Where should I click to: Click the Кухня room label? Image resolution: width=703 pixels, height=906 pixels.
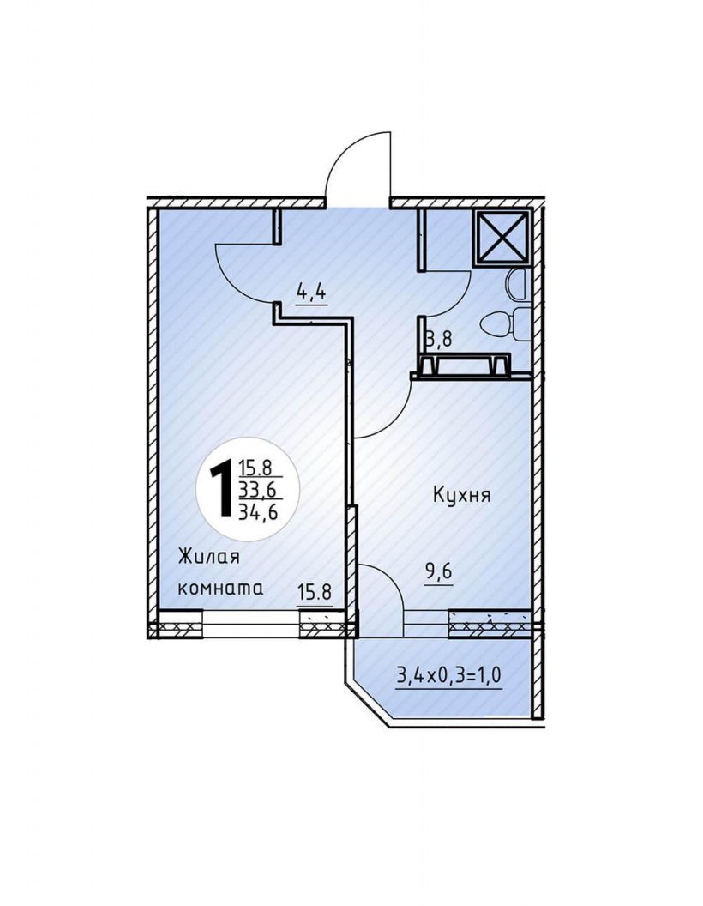coord(461,495)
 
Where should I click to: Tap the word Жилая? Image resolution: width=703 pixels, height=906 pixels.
coord(208,559)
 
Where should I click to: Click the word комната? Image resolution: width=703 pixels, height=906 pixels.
coord(220,589)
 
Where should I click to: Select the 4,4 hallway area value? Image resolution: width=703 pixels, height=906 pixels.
coord(312,292)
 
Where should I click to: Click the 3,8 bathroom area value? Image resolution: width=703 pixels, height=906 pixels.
coord(438,339)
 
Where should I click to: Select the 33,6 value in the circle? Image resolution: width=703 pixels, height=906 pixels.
coord(257,490)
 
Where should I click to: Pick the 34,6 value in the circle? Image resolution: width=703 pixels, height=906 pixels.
coord(257,510)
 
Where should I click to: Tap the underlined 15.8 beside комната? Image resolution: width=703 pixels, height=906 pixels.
coord(315,593)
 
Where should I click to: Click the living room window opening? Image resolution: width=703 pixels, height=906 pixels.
coord(251,624)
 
